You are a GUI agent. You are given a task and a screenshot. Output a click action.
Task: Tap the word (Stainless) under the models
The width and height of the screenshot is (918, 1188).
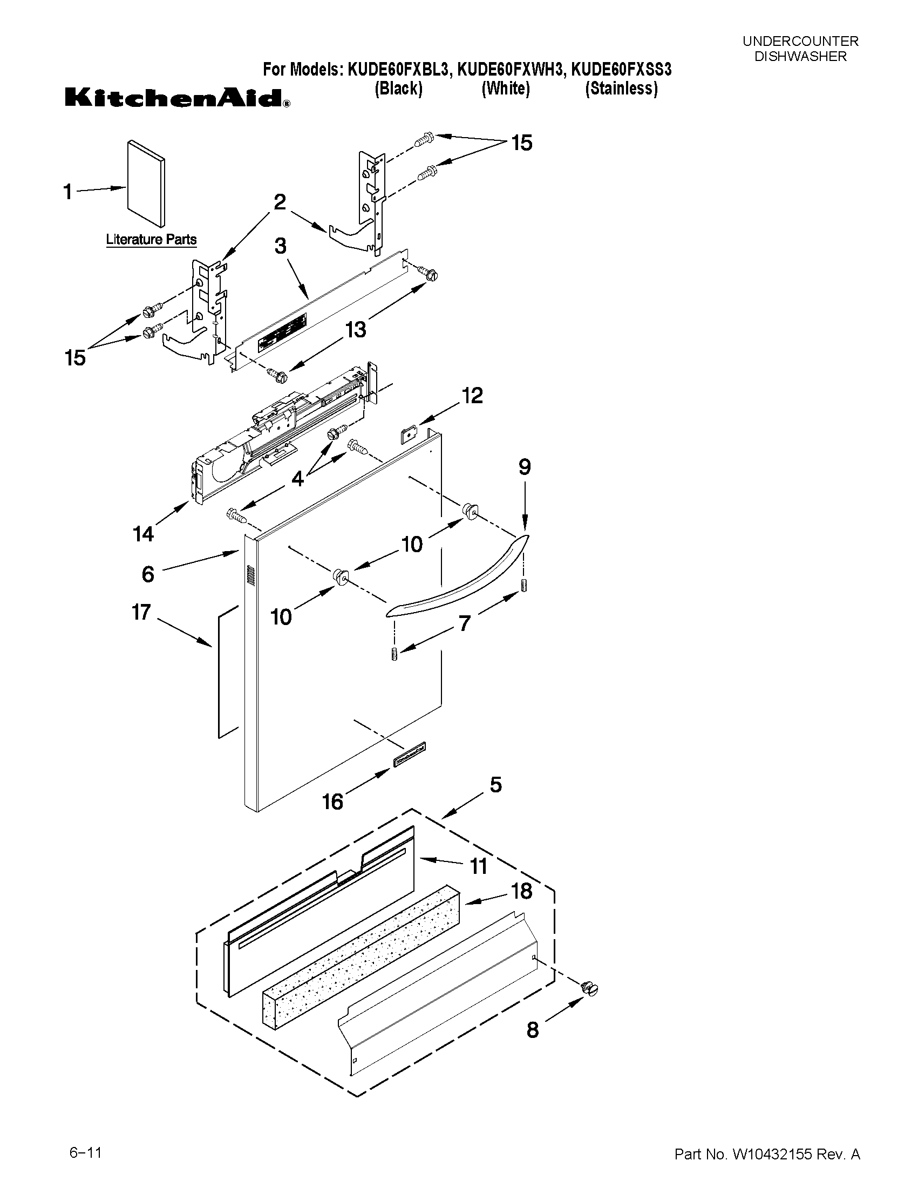(621, 89)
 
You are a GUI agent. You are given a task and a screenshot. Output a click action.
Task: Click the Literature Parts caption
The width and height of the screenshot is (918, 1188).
(151, 239)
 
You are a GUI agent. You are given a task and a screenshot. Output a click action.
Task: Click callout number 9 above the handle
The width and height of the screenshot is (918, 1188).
(524, 467)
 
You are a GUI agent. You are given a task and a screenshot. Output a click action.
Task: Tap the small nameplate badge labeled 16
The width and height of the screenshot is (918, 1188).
(410, 755)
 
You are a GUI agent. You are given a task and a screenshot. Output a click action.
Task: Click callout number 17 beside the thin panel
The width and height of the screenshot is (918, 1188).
(141, 613)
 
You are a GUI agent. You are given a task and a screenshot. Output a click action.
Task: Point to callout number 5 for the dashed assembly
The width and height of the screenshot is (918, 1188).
(495, 785)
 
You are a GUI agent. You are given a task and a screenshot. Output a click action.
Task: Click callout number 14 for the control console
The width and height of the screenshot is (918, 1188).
(143, 534)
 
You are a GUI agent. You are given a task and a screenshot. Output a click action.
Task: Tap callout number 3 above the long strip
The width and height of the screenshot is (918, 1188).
(280, 246)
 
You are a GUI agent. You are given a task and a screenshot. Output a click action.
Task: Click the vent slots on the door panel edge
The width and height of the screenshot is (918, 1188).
(251, 575)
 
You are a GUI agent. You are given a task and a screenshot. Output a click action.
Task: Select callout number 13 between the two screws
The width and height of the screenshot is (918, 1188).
(356, 329)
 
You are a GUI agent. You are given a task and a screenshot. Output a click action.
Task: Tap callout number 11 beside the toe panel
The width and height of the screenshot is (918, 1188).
(478, 866)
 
